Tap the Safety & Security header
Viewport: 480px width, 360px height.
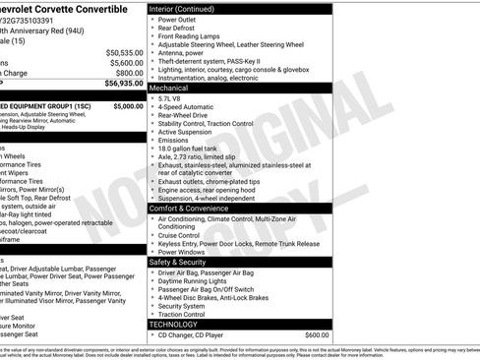tap(184, 262)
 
